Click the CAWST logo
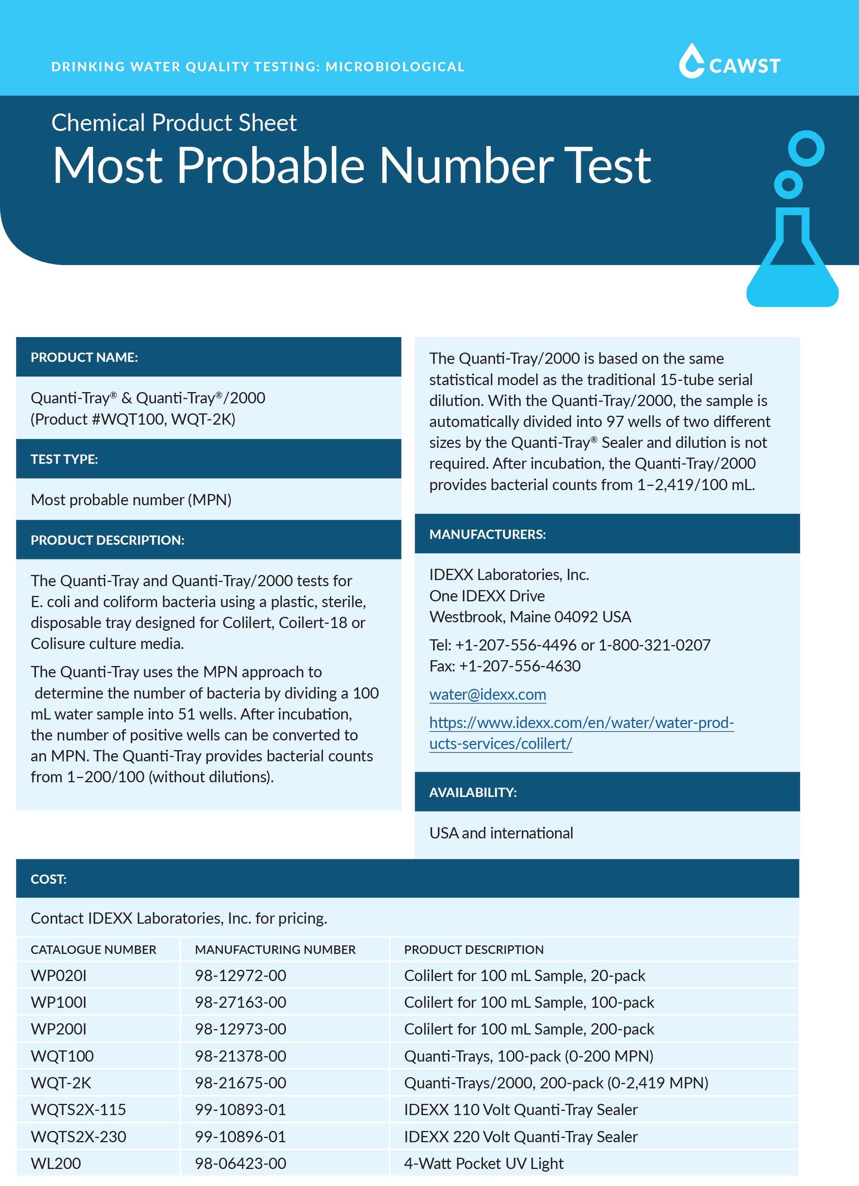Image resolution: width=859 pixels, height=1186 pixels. [x=729, y=62]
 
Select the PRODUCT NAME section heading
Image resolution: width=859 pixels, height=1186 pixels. [x=84, y=357]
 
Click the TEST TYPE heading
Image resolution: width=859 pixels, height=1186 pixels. [x=64, y=459]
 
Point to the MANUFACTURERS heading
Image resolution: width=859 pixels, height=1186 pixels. [x=487, y=534]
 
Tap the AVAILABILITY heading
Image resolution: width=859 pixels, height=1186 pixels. [x=473, y=792]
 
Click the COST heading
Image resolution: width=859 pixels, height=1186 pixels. [x=48, y=879]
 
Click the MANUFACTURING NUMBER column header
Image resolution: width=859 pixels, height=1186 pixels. [x=275, y=950]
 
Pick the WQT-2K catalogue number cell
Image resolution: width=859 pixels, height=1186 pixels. [x=61, y=1083]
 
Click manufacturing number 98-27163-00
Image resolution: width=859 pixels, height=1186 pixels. [x=241, y=1002]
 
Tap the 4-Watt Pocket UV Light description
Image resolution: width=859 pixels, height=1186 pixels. [x=484, y=1164]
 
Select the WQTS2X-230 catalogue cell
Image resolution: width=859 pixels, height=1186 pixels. [x=78, y=1137]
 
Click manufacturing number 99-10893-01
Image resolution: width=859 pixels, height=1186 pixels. [x=241, y=1110]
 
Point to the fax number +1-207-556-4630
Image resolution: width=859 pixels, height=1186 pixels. [x=520, y=666]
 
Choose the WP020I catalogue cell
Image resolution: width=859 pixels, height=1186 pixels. [x=59, y=976]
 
